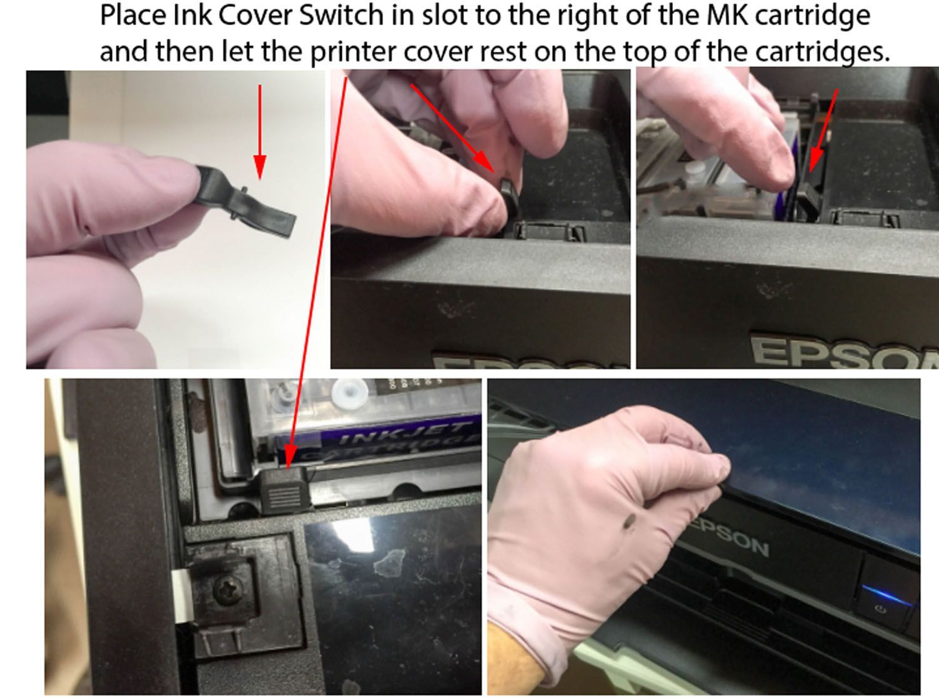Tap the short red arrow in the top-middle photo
click(453, 129)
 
